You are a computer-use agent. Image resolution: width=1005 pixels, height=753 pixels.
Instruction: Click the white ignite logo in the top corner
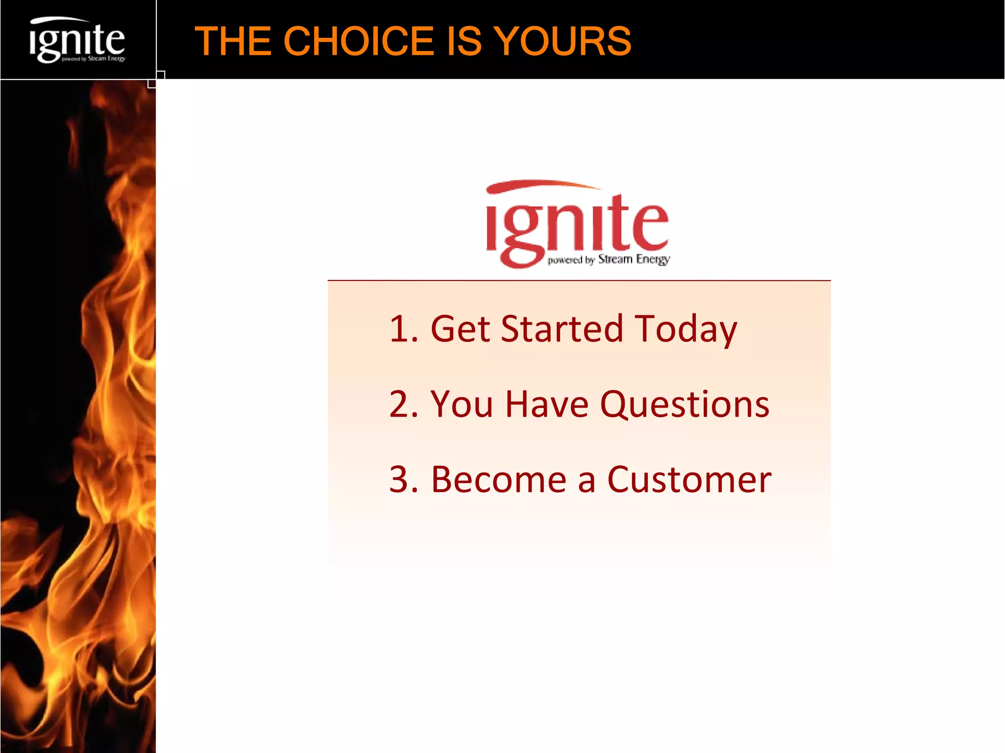tap(77, 41)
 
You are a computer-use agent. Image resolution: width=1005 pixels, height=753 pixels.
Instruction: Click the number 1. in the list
tap(403, 328)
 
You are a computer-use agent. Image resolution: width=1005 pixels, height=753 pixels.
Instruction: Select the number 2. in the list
tap(403, 404)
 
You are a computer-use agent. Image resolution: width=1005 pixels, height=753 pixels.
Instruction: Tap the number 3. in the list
tap(403, 479)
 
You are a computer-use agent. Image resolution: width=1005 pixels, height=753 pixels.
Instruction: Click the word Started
tap(562, 328)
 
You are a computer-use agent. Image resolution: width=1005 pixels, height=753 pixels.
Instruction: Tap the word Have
tap(547, 404)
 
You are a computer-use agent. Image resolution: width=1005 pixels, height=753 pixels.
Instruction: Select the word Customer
tap(689, 479)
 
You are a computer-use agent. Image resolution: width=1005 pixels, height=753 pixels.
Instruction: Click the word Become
tap(499, 479)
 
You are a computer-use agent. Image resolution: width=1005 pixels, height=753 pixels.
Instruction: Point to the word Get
tap(460, 328)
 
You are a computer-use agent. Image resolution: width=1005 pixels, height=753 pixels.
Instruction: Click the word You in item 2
tap(461, 404)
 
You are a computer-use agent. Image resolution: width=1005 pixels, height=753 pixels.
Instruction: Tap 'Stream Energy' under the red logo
tap(634, 259)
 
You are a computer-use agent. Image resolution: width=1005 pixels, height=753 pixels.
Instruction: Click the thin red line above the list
tap(579, 280)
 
